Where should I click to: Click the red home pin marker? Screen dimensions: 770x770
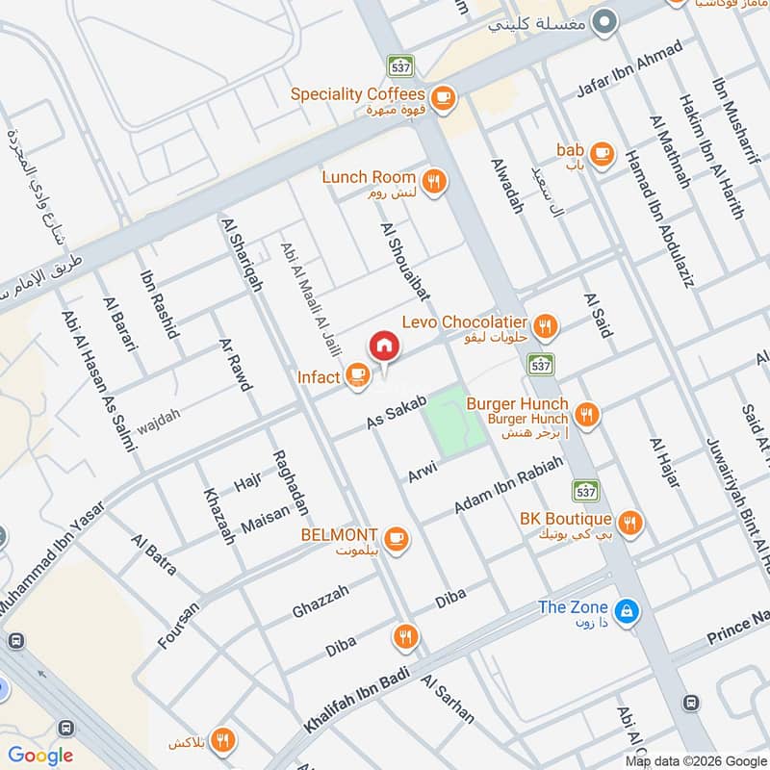coord(383,346)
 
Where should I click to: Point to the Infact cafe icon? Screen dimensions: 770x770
coord(357,373)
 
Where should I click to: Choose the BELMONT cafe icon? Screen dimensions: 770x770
coord(396,536)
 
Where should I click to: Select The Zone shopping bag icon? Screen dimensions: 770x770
coord(627,609)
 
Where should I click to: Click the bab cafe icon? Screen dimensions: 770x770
coord(602,152)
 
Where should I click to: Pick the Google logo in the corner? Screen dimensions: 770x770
coord(40,756)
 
